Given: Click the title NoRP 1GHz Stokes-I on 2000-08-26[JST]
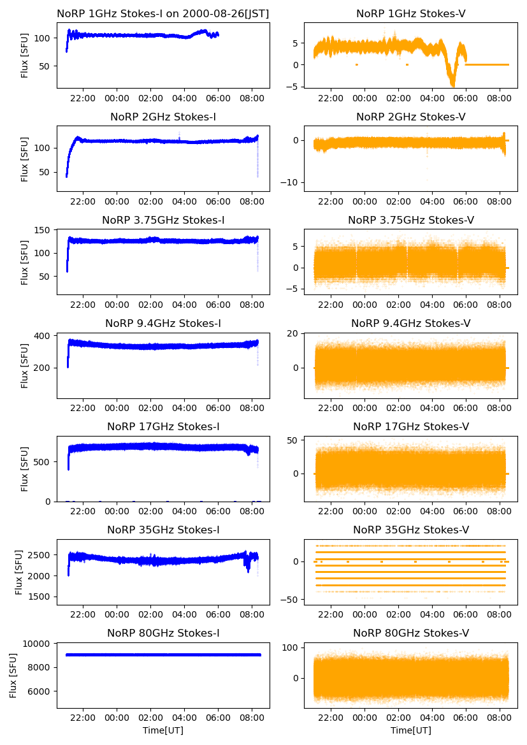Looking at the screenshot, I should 162,13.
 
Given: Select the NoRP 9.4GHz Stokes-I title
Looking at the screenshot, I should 162,323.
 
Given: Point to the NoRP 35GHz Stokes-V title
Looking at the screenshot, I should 411,530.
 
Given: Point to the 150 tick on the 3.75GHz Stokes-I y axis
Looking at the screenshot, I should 46,231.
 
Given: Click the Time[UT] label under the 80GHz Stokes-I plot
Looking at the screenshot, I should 162,730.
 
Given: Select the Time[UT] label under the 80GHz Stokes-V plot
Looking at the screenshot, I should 411,730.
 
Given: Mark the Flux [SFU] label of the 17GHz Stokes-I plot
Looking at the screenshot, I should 25,468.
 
